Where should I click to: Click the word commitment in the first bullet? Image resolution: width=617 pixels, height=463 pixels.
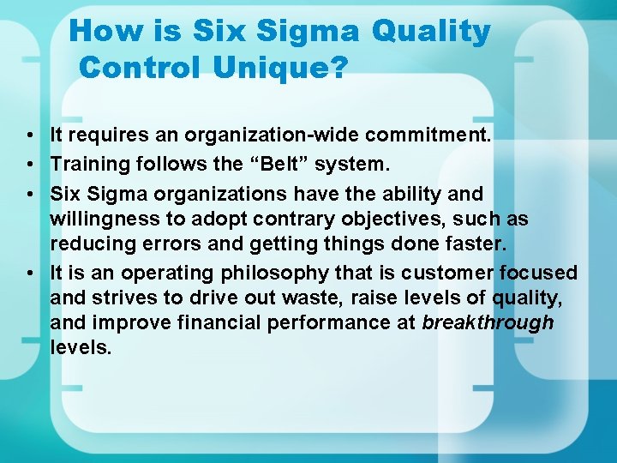pos(421,135)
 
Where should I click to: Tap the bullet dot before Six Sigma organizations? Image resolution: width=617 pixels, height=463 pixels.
pos(30,195)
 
